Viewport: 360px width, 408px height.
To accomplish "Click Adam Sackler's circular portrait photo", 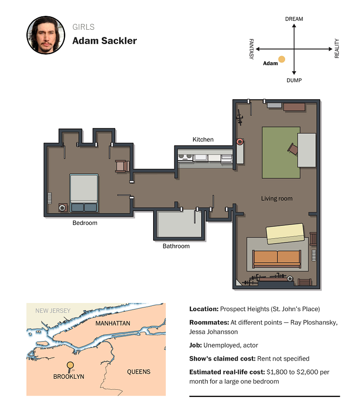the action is (x=46, y=35).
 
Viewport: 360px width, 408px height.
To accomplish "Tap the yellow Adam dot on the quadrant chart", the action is (x=282, y=59).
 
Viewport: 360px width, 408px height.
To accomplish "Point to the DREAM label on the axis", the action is (x=294, y=19).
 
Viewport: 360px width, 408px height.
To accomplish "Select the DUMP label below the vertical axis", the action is (x=294, y=81).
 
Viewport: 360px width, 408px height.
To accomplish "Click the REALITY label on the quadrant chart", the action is (x=337, y=48).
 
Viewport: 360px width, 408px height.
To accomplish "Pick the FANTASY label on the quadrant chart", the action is (x=252, y=49).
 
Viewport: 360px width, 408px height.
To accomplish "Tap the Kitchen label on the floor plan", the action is (x=203, y=140).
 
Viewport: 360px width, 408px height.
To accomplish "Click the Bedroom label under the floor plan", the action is (x=85, y=223).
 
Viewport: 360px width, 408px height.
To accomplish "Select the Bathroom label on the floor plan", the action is (x=176, y=246).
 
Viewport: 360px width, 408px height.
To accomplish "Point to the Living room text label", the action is (x=276, y=198).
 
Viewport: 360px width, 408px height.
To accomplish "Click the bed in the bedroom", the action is (x=84, y=193).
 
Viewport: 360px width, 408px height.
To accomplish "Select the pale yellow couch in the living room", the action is (x=285, y=233).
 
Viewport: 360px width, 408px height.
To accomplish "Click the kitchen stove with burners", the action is (x=185, y=157).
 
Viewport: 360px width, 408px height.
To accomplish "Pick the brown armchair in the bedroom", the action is (x=122, y=166).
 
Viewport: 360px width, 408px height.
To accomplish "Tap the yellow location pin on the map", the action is (x=70, y=367).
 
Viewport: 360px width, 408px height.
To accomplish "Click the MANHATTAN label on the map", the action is (x=113, y=324).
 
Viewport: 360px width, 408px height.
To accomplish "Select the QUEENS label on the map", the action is (x=139, y=372).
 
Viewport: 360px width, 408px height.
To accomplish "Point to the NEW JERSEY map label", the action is (x=53, y=311).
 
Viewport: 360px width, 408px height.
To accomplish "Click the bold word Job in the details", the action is (x=195, y=345).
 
